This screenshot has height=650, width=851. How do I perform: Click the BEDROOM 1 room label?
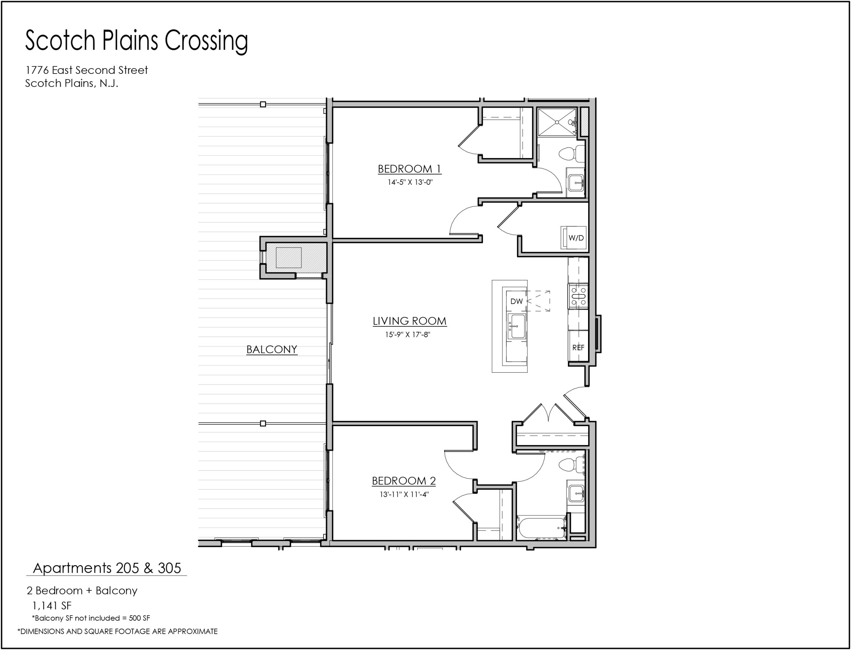[409, 169]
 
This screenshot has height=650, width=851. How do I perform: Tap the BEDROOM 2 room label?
[404, 481]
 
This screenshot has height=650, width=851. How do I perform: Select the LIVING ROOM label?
[410, 321]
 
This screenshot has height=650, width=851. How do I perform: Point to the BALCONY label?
[272, 349]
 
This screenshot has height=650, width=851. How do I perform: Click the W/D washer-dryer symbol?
[573, 238]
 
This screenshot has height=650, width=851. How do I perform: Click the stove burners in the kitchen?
[578, 296]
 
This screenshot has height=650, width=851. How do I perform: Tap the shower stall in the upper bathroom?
[557, 122]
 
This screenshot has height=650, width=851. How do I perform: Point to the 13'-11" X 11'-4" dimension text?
[404, 494]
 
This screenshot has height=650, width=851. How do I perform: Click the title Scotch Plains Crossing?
[136, 41]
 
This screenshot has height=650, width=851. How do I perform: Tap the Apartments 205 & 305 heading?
[107, 568]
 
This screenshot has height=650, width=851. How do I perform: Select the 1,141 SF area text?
[52, 605]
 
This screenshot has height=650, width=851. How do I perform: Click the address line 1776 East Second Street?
[86, 70]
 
